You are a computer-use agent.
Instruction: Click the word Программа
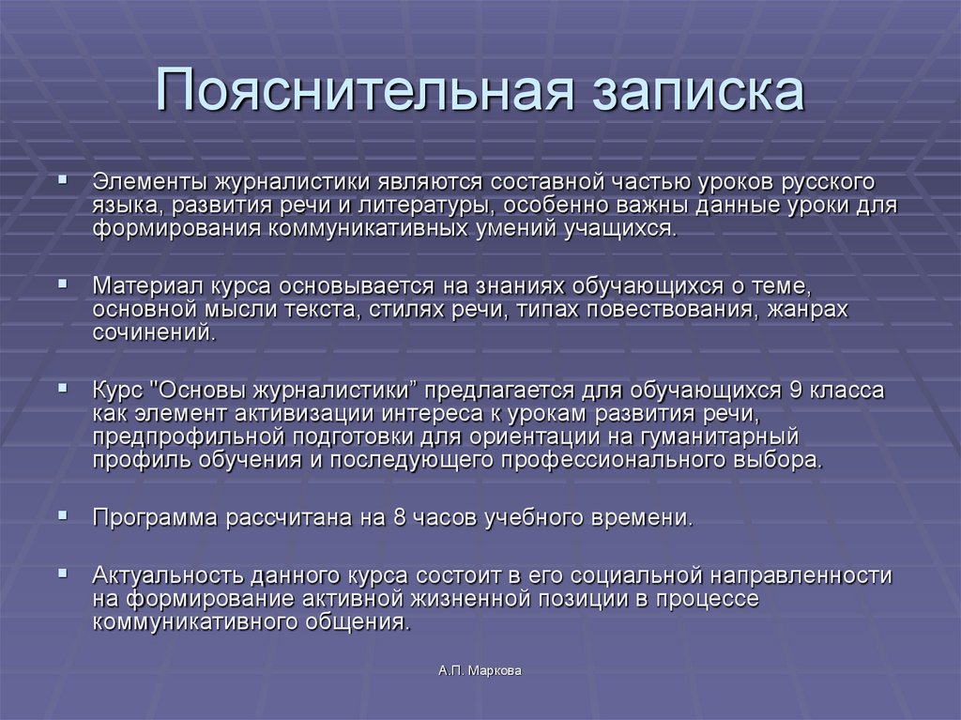pos(154,517)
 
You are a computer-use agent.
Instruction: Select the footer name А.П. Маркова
pos(479,670)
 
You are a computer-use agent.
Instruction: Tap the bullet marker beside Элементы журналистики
pos(63,176)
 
